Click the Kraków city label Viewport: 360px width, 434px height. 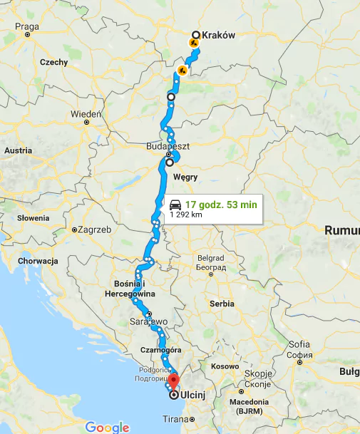pos(218,35)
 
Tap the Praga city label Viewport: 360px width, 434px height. pos(26,28)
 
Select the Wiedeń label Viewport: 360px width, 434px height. pos(86,114)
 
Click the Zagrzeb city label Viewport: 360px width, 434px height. pos(93,230)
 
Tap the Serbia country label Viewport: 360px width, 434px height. pos(222,303)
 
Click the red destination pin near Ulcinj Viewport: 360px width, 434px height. pos(173,378)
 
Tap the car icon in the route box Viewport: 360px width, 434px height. pos(175,204)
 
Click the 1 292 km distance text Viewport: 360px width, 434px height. pos(186,215)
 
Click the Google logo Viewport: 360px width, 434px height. pos(108,427)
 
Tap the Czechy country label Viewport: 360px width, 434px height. pos(53,62)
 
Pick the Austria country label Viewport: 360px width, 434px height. pos(19,151)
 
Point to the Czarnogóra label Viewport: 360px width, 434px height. pos(165,350)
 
